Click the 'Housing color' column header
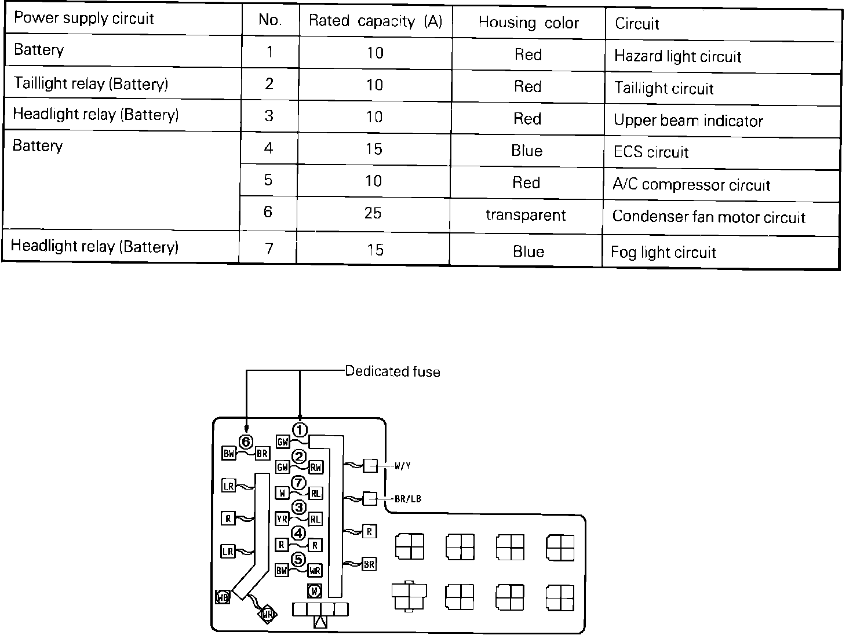[x=528, y=23]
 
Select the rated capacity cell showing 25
[x=373, y=213]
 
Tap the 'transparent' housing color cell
[x=526, y=215]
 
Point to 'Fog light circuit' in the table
[x=664, y=252]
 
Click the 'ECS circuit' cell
[x=651, y=152]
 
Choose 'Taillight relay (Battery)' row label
[x=91, y=83]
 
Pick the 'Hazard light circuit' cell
[x=677, y=56]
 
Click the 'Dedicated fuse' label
[x=392, y=371]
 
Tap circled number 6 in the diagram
[x=246, y=441]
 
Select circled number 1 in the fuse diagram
[x=300, y=430]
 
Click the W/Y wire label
[x=403, y=466]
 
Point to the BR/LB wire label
[x=407, y=498]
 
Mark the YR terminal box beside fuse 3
[x=282, y=519]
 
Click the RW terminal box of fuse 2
[x=316, y=467]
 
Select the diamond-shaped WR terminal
[x=267, y=614]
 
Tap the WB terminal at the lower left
[x=223, y=597]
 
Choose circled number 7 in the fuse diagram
[x=298, y=482]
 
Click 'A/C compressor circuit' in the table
[x=691, y=185]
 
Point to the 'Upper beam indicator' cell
[x=688, y=121]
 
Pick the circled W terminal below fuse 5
[x=314, y=591]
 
